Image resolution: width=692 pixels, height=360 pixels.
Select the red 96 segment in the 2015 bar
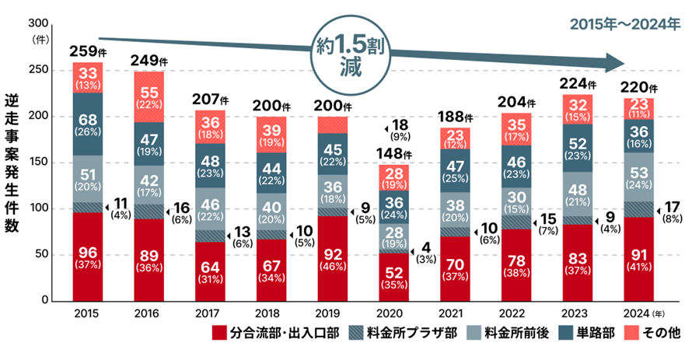coord(88,257)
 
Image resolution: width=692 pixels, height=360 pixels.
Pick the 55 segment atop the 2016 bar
coord(149,95)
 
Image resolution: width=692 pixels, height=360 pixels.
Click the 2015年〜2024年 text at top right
coord(624,23)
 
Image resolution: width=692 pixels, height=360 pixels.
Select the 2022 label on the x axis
coord(512,314)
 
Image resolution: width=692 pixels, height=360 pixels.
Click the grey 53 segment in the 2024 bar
coord(638,177)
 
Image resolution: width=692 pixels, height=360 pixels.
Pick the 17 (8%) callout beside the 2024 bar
coord(670,212)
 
